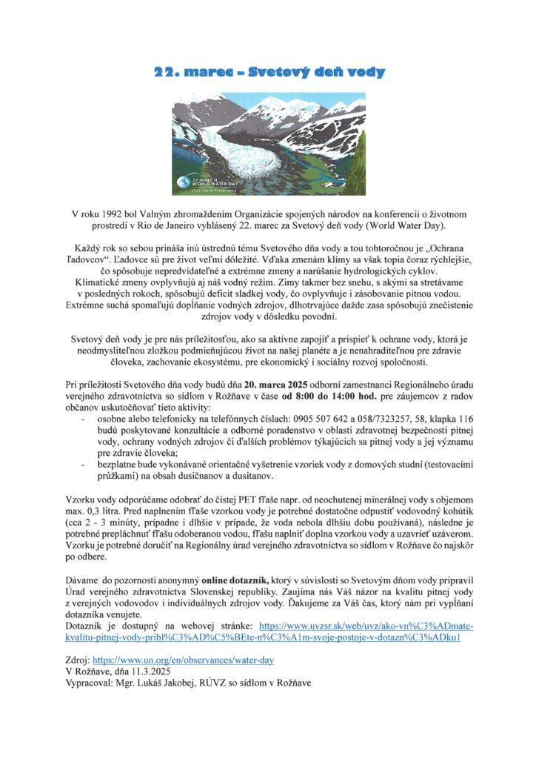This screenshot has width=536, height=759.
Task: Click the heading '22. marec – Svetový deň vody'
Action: [269, 73]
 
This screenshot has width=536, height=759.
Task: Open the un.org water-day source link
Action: [184, 659]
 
